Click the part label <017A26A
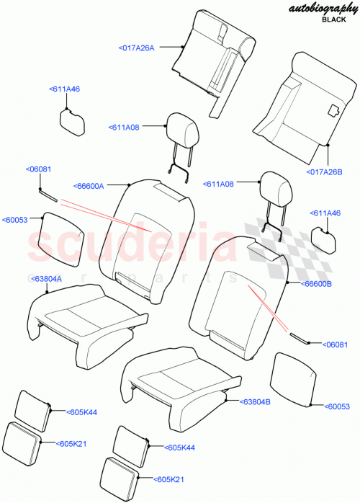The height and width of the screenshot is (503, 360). [x=136, y=48]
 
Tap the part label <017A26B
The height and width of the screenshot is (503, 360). [x=325, y=172]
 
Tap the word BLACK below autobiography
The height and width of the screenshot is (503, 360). [x=333, y=22]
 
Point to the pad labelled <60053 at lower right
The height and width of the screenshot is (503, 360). [x=294, y=380]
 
